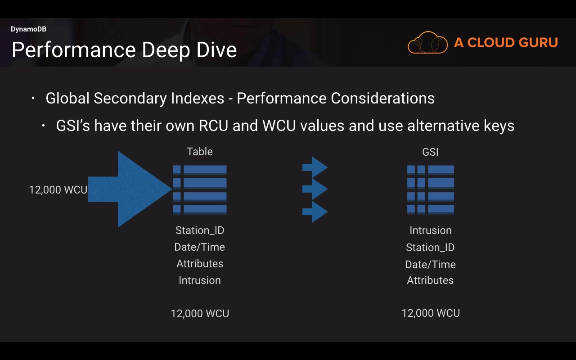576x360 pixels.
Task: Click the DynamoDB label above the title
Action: [28, 29]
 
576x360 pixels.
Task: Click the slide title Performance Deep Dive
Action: [124, 49]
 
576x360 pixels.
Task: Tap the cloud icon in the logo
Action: [427, 43]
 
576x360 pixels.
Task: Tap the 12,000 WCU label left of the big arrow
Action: [58, 190]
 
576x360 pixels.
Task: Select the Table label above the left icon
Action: [200, 152]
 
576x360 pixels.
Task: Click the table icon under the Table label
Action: [200, 189]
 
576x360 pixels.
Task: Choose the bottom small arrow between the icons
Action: [315, 211]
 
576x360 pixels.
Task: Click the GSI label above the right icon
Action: [430, 152]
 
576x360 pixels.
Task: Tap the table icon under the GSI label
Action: [430, 189]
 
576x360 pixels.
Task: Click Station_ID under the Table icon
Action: [200, 230]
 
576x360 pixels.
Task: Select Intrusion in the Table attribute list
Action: [200, 280]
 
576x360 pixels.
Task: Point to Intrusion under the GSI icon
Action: [430, 230]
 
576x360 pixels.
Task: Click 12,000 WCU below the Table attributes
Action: [200, 314]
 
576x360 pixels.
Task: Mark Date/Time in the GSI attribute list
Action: [430, 265]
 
